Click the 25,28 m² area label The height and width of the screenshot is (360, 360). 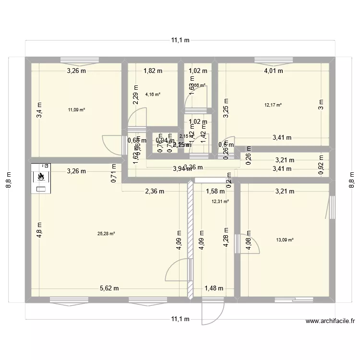tap(106, 234)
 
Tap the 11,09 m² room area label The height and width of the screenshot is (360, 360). tap(76, 110)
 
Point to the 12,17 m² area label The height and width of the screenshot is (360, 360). tap(273, 105)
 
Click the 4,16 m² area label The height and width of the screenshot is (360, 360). tap(153, 94)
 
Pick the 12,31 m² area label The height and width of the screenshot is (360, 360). tap(220, 202)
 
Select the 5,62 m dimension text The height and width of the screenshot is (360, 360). tap(109, 288)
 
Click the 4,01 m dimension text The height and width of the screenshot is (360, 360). tap(274, 71)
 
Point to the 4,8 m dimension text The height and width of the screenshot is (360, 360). tap(39, 228)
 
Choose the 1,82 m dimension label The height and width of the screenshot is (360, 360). tap(153, 71)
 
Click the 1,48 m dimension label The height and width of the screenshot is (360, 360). tap(214, 288)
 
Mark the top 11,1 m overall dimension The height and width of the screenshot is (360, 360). tap(180, 40)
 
